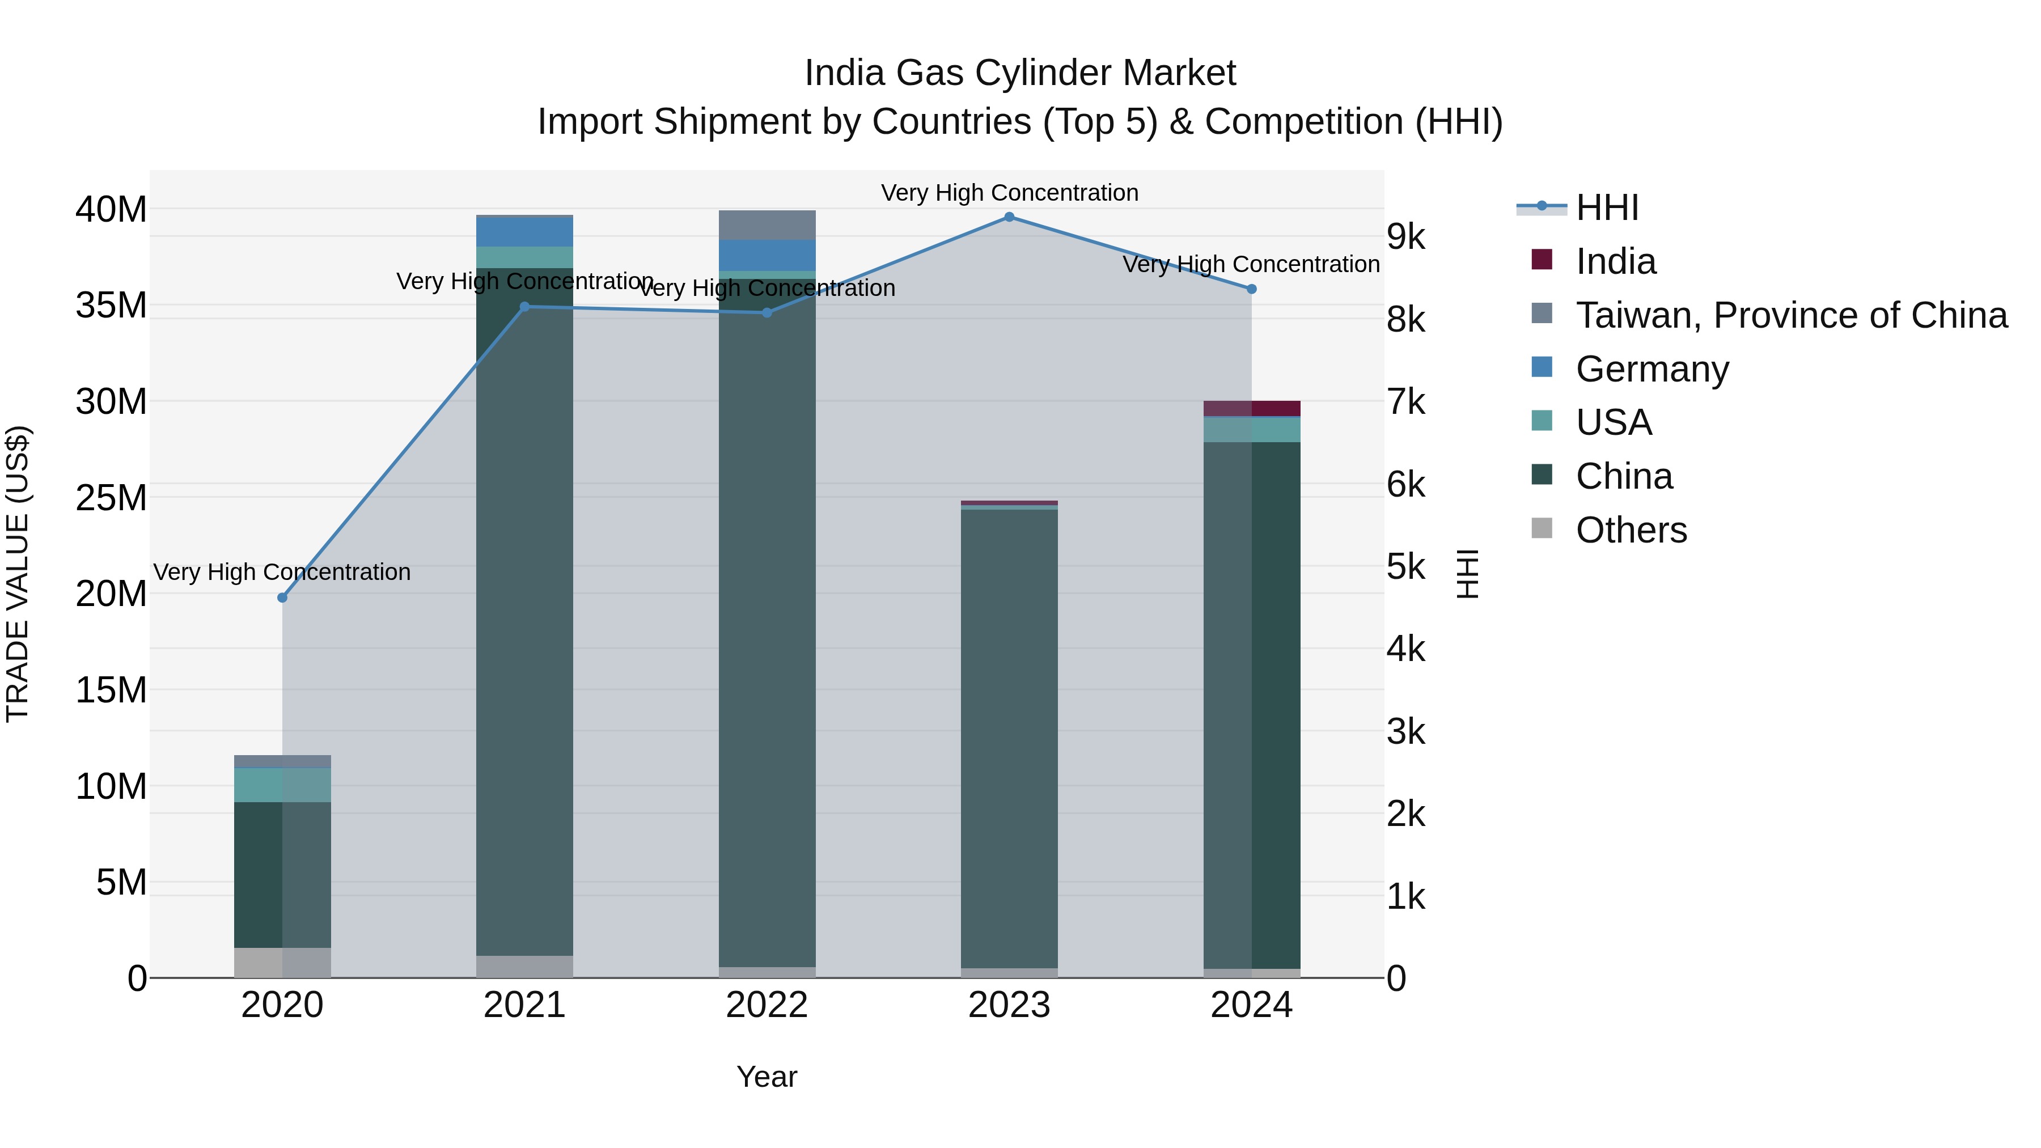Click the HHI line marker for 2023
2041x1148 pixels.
click(1009, 217)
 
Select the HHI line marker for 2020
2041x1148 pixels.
click(282, 598)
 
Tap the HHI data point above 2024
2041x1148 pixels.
click(1251, 289)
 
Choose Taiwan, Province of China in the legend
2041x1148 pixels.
click(1790, 315)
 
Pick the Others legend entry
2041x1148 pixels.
click(1631, 530)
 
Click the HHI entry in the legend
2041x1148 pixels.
click(1606, 207)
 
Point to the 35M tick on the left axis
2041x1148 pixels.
click(111, 305)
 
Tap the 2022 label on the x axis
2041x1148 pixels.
click(766, 1005)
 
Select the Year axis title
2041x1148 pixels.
click(766, 1077)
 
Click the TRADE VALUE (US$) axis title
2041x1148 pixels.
click(18, 574)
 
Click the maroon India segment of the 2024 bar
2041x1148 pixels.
click(1252, 409)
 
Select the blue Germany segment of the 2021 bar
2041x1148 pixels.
click(524, 231)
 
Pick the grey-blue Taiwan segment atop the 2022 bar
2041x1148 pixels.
click(766, 225)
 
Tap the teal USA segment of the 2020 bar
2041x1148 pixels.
click(282, 785)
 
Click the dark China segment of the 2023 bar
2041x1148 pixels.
click(1009, 737)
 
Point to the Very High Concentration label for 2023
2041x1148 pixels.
click(1009, 193)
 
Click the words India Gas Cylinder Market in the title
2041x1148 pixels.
click(1020, 73)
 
